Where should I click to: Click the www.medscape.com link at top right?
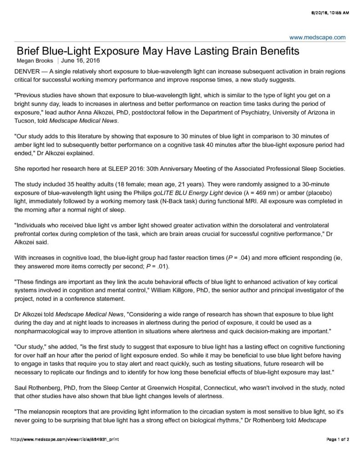click(317, 37)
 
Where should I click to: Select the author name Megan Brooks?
click(35, 60)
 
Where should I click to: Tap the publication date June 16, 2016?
click(81, 60)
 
